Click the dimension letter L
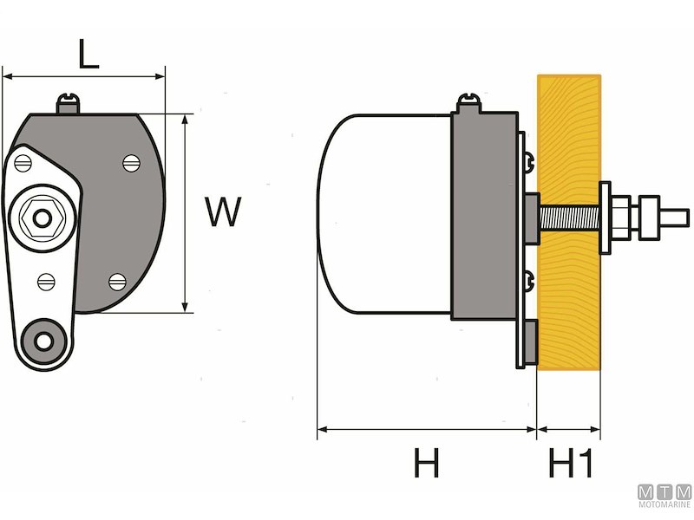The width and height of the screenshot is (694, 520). pyautogui.click(x=88, y=54)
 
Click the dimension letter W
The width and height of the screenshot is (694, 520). pyautogui.click(x=223, y=212)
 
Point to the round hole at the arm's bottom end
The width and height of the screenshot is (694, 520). pyautogui.click(x=43, y=339)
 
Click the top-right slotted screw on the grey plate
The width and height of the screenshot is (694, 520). pyautogui.click(x=131, y=162)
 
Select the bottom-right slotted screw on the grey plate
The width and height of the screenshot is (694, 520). pyautogui.click(x=118, y=280)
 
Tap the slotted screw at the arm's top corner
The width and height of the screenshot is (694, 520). pyautogui.click(x=24, y=160)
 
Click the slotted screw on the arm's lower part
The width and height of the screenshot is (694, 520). pyautogui.click(x=47, y=282)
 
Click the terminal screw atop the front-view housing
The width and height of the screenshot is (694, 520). pyautogui.click(x=69, y=103)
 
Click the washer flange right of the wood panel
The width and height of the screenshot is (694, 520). pyautogui.click(x=605, y=218)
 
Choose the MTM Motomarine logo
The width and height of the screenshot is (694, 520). pyautogui.click(x=665, y=497)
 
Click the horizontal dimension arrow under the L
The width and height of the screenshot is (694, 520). pyautogui.click(x=84, y=77)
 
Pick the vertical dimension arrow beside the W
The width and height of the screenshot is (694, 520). pyautogui.click(x=186, y=212)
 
